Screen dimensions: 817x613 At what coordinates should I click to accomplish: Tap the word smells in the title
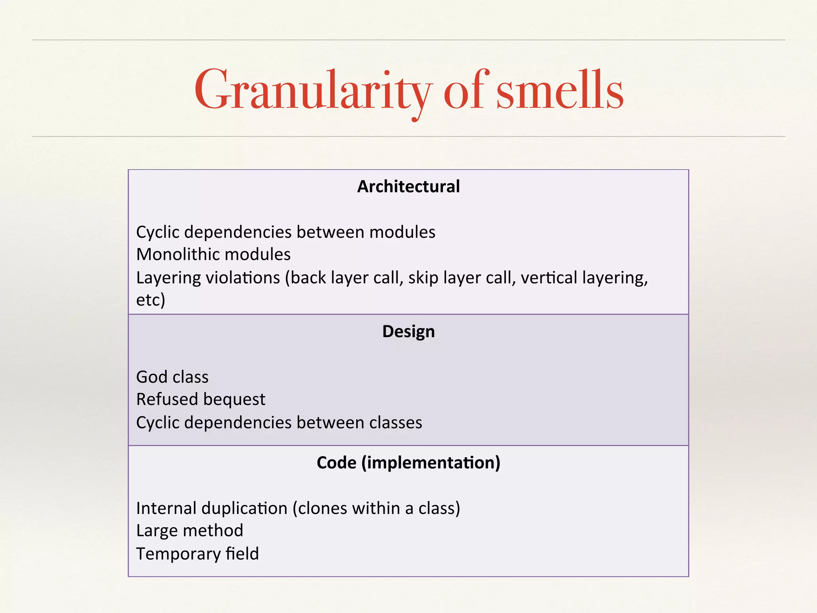point(560,91)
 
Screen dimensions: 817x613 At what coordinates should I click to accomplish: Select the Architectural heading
point(408,186)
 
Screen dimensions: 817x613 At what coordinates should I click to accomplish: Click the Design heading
point(408,332)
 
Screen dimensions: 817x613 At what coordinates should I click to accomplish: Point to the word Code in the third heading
point(336,463)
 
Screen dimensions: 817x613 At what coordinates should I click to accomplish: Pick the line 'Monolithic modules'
point(213,255)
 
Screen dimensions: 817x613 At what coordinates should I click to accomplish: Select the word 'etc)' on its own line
point(150,300)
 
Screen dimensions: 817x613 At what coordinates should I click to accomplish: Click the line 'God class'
point(172,377)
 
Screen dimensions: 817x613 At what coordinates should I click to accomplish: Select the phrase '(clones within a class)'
point(376,508)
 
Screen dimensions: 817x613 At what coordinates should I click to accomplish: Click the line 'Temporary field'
point(197,554)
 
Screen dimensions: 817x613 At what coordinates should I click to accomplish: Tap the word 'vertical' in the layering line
point(548,278)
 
